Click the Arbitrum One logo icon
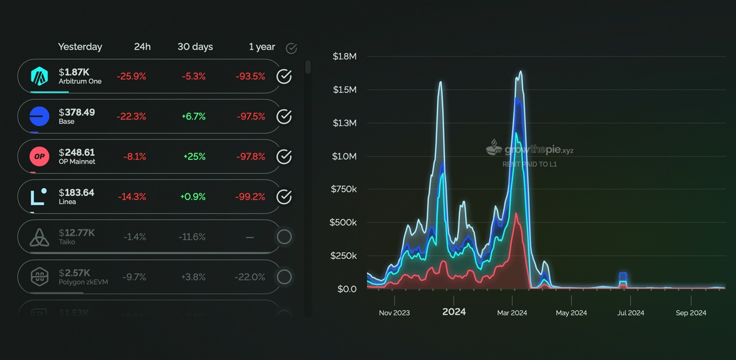coord(40,76)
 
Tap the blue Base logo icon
coord(40,116)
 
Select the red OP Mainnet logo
coord(40,156)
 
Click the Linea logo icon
coord(39,197)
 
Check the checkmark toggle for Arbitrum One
coord(284,76)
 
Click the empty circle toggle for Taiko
coord(284,237)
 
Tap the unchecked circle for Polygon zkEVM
coord(284,277)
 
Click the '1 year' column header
coord(262,47)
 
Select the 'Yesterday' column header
coord(80,47)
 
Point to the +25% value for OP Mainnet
coord(194,156)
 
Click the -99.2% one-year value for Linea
coord(250,197)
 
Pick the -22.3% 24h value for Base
coord(131,116)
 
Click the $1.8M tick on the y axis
coord(344,56)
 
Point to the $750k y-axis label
coord(344,189)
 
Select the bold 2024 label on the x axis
coord(454,312)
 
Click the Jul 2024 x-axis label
coord(631,313)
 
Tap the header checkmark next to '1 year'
coord(292,48)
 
